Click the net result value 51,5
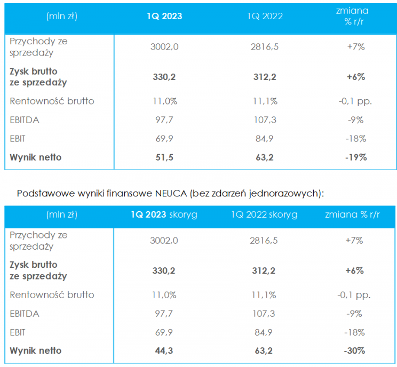(x=164, y=157)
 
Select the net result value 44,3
(x=164, y=350)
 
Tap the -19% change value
(x=356, y=157)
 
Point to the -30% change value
(x=356, y=350)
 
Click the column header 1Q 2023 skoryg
(x=164, y=215)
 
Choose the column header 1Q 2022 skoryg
(x=264, y=215)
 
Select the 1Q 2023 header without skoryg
(x=164, y=16)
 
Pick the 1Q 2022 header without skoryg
(x=265, y=16)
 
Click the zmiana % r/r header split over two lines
(x=356, y=16)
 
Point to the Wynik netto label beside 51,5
(x=35, y=157)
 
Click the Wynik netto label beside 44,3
(x=35, y=350)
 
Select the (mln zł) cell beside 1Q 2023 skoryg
(x=62, y=215)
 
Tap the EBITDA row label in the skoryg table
(x=25, y=313)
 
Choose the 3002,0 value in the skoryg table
(x=164, y=241)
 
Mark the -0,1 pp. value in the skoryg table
(x=356, y=294)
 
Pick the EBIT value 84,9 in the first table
(x=265, y=139)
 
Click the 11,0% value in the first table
(x=164, y=101)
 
